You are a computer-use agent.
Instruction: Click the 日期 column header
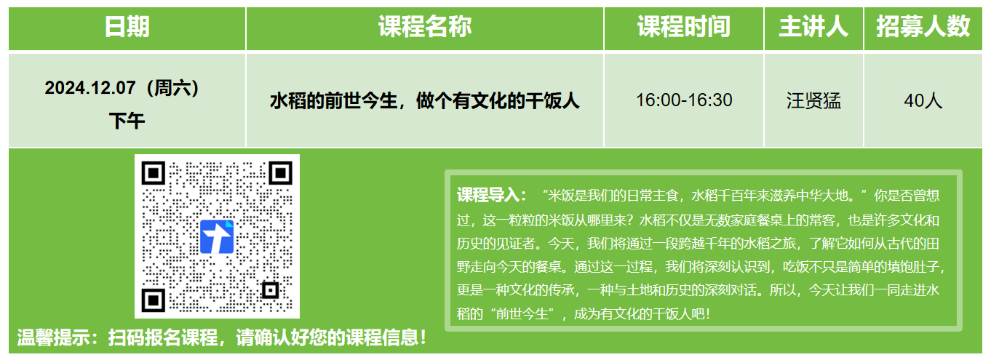coord(127,26)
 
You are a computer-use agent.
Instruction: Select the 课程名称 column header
coord(425,26)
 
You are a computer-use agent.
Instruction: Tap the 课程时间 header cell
coord(683,26)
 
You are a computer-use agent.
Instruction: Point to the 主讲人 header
coord(813,26)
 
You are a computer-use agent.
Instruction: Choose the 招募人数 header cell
coord(923,26)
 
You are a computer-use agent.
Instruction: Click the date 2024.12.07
coord(89,88)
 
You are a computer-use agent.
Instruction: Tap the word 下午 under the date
coord(127,121)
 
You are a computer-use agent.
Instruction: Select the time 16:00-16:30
coord(684,100)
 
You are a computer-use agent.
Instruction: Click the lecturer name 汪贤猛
coord(813,101)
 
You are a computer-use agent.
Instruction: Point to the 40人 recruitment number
coord(923,101)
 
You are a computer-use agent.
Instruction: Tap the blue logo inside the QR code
coord(217,236)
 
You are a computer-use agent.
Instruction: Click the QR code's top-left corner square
coord(153,173)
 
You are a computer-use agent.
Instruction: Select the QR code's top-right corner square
coord(280,173)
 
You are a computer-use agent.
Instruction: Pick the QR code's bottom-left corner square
coord(153,300)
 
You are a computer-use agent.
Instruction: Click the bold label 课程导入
coord(488,195)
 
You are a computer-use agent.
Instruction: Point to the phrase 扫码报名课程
coord(163,338)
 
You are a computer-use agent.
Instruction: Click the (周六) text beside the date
coord(173,88)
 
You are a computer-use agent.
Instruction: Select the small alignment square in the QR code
coord(271,291)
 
